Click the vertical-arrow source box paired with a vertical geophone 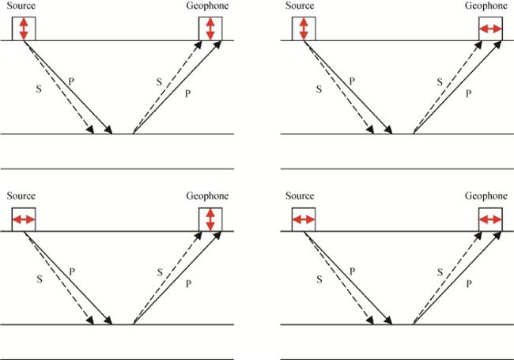pyautogui.click(x=24, y=28)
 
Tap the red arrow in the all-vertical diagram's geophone pyautogui.click(x=210, y=28)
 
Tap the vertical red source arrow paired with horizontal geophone pyautogui.click(x=303, y=28)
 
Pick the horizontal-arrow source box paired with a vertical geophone pyautogui.click(x=24, y=219)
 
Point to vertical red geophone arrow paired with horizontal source pyautogui.click(x=210, y=218)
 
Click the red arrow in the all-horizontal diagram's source pyautogui.click(x=303, y=219)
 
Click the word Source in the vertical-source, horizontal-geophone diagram pyautogui.click(x=300, y=6)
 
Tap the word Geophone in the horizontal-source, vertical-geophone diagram pyautogui.click(x=207, y=196)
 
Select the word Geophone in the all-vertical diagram pyautogui.click(x=207, y=6)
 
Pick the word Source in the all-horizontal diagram pyautogui.click(x=300, y=196)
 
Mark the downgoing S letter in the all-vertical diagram pyautogui.click(x=40, y=89)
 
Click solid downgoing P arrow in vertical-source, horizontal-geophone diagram pyautogui.click(x=348, y=87)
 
